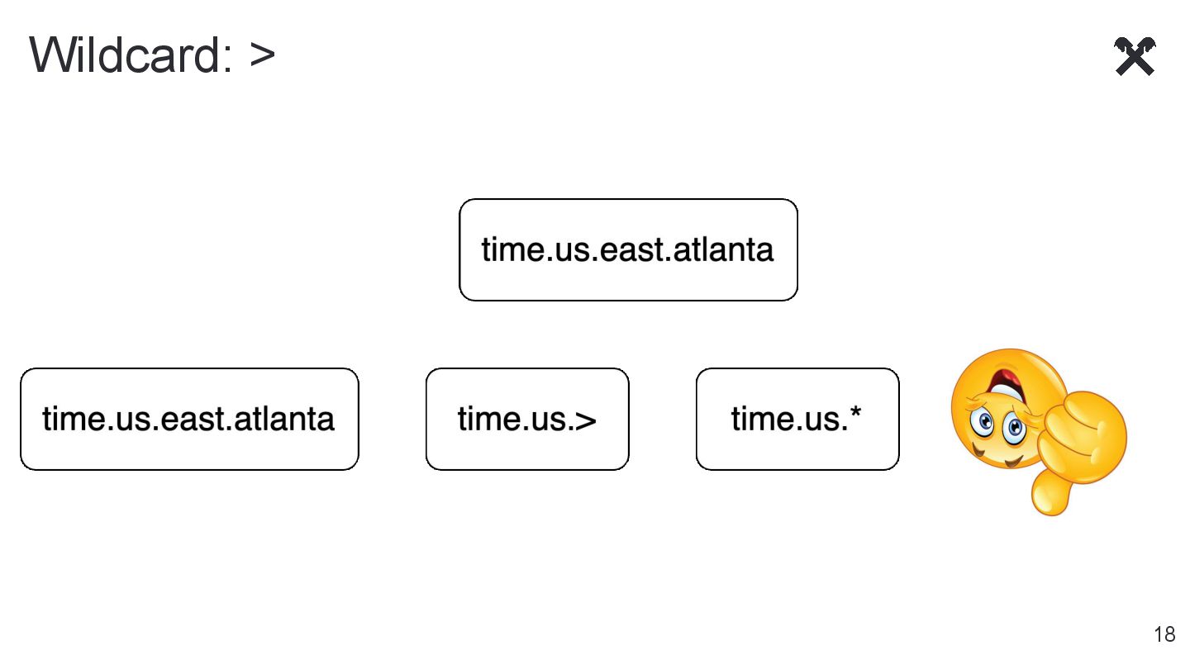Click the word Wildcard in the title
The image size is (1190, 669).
point(124,55)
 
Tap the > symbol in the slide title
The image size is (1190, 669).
point(262,55)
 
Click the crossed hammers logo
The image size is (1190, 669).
point(1135,56)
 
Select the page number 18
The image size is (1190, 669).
point(1164,634)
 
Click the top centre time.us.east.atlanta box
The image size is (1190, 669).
point(628,249)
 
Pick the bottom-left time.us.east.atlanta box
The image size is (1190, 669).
point(189,419)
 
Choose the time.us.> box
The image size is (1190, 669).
point(527,419)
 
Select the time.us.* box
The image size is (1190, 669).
point(797,419)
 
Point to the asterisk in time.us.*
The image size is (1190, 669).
point(855,410)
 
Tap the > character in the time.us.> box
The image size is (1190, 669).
point(585,420)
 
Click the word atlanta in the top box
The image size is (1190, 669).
point(723,249)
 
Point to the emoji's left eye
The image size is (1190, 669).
point(985,423)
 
